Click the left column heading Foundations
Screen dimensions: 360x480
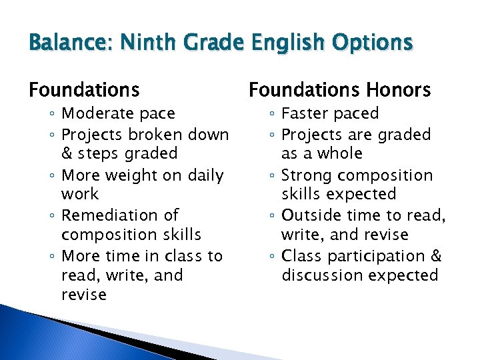click(x=84, y=89)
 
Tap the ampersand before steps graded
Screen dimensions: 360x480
click(x=67, y=153)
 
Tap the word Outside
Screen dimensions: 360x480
click(x=311, y=215)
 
